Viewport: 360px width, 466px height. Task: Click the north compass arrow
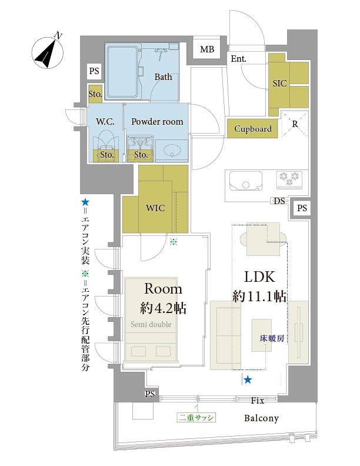pos(48,53)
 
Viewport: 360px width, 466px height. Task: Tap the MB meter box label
pos(207,49)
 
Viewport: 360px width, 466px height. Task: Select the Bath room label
pos(163,76)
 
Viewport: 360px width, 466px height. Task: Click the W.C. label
pos(105,122)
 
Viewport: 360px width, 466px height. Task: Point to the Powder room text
pos(157,122)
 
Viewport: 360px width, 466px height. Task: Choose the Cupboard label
pos(253,129)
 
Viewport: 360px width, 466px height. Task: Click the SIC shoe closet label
pos(279,84)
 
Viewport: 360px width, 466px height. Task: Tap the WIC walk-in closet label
pos(155,208)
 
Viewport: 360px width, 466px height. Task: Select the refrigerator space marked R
pos(295,124)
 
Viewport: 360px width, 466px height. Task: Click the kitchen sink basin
pos(245,181)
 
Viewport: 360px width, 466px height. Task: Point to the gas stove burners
pos(289,179)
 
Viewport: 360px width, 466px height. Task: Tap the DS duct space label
pos(279,201)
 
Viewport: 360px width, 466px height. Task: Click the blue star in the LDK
pos(248,380)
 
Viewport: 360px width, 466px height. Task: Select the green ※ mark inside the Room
pos(174,242)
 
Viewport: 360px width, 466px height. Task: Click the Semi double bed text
pos(151,324)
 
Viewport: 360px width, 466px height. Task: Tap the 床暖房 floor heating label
pos(272,338)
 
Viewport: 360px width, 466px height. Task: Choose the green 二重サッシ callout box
pos(196,418)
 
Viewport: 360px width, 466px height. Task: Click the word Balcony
pos(261,418)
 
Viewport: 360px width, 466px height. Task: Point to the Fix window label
pos(257,400)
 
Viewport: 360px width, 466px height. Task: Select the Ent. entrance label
pos(238,59)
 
